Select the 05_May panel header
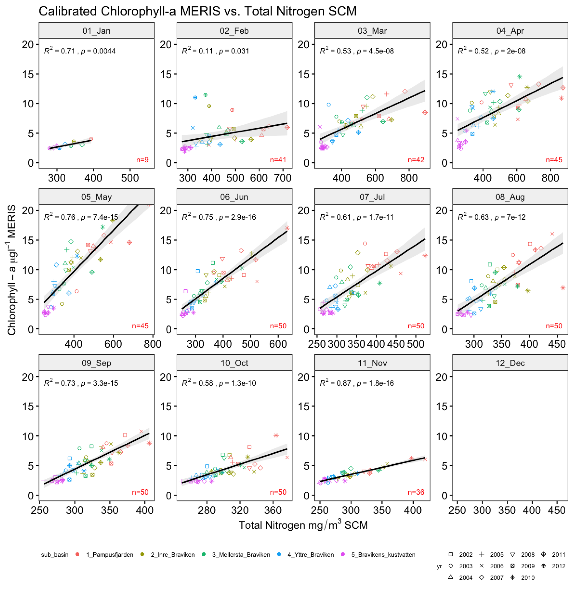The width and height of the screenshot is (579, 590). click(96, 197)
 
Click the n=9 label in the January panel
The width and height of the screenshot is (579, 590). click(142, 160)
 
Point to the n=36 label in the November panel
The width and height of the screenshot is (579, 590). click(416, 492)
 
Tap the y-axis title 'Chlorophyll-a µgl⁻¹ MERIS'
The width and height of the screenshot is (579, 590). click(12, 270)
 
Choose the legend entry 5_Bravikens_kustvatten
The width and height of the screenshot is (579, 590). click(383, 554)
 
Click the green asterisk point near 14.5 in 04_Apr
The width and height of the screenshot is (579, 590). click(519, 77)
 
